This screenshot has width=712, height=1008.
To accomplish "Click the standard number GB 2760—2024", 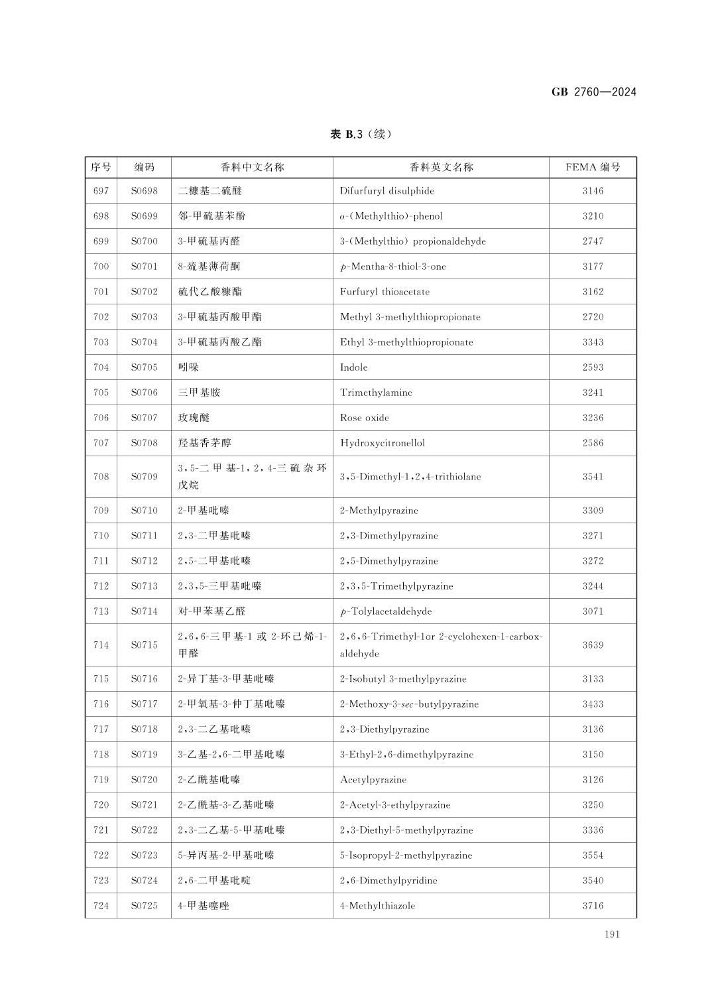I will [x=593, y=92].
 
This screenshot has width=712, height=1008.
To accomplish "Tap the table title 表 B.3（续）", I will [x=361, y=135].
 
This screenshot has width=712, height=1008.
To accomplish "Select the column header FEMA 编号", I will [x=593, y=167].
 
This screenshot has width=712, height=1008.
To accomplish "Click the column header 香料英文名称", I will [x=441, y=167].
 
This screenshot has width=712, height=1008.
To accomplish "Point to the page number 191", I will [x=612, y=934].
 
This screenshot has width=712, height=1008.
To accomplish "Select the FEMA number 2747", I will [x=593, y=241].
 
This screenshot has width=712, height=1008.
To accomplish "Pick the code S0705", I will [x=144, y=367].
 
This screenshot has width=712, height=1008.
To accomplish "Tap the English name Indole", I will [x=353, y=367].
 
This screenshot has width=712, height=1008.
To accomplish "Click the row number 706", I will [x=101, y=418].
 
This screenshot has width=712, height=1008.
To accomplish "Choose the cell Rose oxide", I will [x=365, y=418].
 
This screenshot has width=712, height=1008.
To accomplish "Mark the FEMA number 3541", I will [x=593, y=477].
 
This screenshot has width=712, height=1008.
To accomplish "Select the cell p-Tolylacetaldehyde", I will [x=386, y=611].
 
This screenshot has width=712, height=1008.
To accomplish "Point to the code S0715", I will [x=144, y=645].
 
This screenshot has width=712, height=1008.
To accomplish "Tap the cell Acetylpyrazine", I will [x=373, y=780].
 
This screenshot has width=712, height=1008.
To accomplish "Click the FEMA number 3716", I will [x=593, y=906].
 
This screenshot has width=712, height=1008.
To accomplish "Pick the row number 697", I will [x=101, y=191].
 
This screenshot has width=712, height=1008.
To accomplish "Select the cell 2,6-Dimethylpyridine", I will [x=388, y=881].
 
